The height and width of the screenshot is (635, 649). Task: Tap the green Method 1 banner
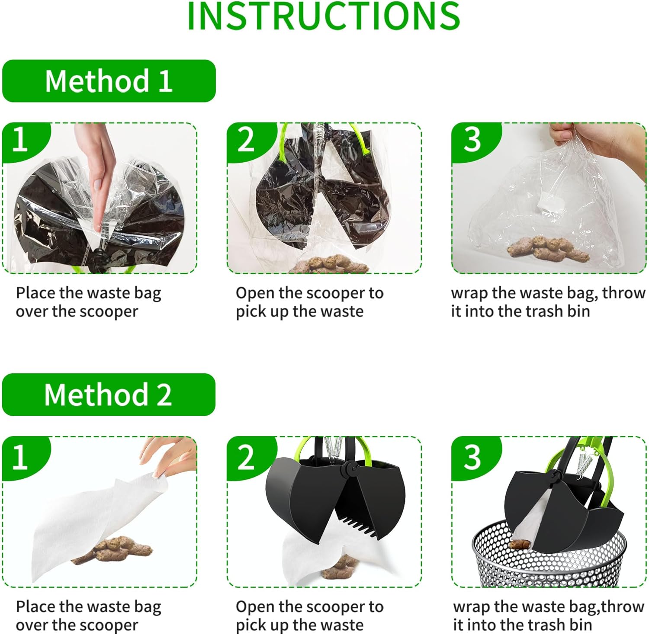(x=109, y=81)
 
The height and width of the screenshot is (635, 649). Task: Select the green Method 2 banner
(x=109, y=394)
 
